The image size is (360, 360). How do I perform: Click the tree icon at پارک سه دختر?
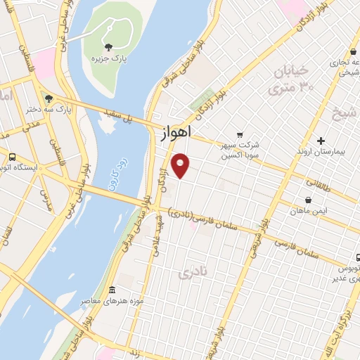(x=48, y=99)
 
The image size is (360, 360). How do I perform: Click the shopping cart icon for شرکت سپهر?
(x=240, y=134)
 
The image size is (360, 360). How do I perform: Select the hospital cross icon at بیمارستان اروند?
(x=321, y=141)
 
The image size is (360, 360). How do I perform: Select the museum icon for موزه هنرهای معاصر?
(x=111, y=289)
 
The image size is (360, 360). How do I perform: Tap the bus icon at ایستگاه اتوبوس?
(x=11, y=156)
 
